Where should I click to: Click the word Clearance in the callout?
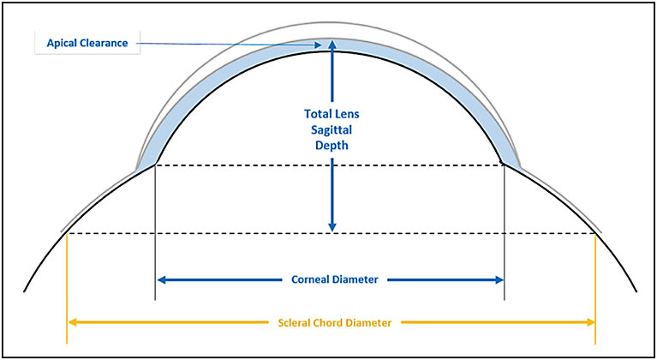coord(104,43)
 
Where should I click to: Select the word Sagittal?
coord(331,130)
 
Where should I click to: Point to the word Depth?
coord(331,147)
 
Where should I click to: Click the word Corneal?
coord(309,279)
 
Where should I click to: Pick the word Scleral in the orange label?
coord(294,323)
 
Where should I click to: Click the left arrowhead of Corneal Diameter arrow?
coord(161,280)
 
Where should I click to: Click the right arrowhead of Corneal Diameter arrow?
coord(499,280)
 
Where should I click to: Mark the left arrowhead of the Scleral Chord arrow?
coord(72,322)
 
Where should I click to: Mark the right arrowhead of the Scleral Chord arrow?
coord(591,322)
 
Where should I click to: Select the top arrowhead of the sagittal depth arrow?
coord(332,44)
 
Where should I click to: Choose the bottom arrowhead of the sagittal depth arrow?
coord(332,227)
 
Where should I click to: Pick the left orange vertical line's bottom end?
coord(67,343)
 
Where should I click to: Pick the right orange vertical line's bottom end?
coord(595,343)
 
